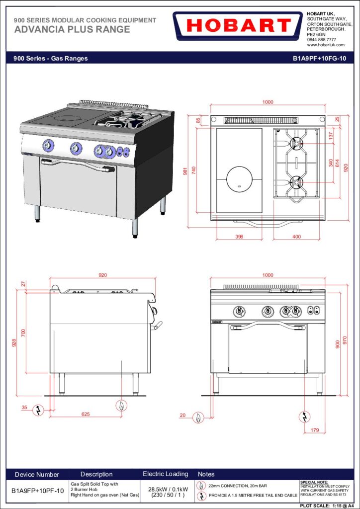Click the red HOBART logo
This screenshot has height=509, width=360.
[237, 26]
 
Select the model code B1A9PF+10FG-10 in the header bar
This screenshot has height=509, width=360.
[319, 59]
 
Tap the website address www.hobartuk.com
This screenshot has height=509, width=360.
[326, 45]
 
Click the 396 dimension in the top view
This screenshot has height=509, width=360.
[239, 237]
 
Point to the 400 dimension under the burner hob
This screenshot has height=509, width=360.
[296, 237]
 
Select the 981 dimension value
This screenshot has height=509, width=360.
[185, 170]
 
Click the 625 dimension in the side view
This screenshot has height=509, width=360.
[86, 414]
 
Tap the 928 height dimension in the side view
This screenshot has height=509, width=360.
[14, 343]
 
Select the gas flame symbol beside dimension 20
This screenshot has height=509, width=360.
[198, 417]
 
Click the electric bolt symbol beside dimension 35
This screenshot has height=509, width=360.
[38, 410]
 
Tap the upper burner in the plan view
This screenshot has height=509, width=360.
[296, 143]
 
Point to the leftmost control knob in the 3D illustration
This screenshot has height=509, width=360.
[48, 145]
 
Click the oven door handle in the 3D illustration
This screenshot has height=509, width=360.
[78, 164]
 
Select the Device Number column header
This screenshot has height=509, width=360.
[37, 475]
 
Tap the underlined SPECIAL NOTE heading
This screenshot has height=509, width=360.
[315, 482]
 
